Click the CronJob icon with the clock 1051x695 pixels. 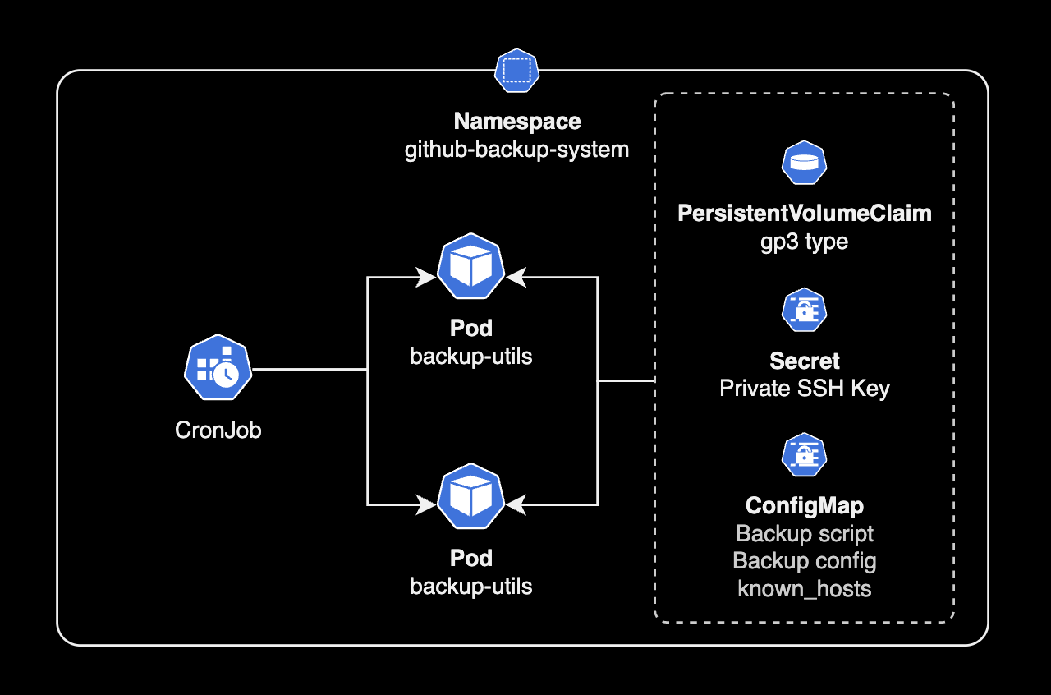(x=218, y=367)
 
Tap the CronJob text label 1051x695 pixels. (x=218, y=430)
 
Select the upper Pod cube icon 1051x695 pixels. (x=470, y=266)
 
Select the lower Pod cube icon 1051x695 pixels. (x=470, y=496)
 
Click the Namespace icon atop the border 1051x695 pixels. (x=516, y=71)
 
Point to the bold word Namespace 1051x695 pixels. (x=516, y=122)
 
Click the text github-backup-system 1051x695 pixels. (x=516, y=150)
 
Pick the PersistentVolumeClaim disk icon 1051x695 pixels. (x=803, y=163)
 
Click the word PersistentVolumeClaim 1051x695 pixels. (x=804, y=214)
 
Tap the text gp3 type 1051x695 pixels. (x=804, y=242)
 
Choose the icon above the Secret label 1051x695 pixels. (x=803, y=310)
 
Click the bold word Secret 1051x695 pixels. (x=804, y=361)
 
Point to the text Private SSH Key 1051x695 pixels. (x=804, y=389)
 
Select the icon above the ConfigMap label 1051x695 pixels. (x=803, y=454)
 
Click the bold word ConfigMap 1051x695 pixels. (x=804, y=505)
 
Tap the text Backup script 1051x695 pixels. (x=804, y=534)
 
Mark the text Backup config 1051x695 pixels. (x=804, y=561)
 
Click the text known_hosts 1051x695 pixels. (x=804, y=589)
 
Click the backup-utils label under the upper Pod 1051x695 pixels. (x=470, y=357)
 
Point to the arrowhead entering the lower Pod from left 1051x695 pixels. (x=426, y=504)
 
